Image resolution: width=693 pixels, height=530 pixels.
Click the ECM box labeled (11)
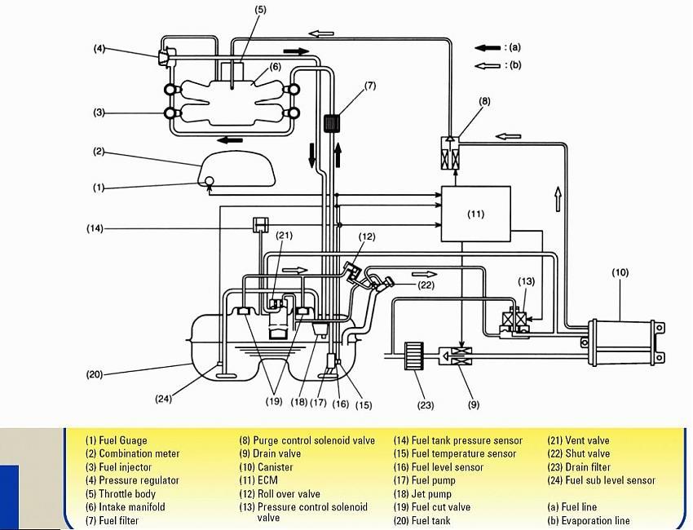point(475,214)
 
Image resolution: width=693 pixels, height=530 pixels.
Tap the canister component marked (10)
point(625,340)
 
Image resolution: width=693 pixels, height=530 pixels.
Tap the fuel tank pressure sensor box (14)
point(261,224)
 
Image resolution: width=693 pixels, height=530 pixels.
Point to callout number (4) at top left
point(99,49)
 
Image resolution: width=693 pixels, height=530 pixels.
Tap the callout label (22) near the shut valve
point(426,285)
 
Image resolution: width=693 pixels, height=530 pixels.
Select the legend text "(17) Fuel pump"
point(424,480)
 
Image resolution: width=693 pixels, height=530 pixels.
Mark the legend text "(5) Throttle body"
point(121,494)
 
